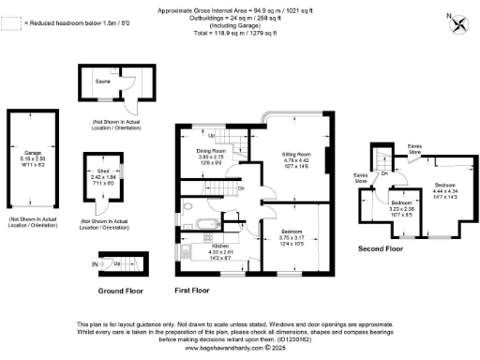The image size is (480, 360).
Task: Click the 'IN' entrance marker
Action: pyautogui.click(x=94, y=265)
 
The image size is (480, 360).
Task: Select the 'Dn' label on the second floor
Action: pyautogui.click(x=383, y=174)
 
